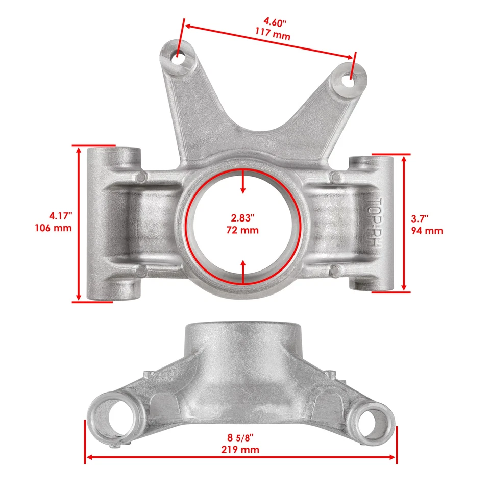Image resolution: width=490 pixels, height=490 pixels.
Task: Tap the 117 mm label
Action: [x=273, y=36]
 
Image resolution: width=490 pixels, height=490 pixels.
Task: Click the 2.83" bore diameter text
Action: [x=242, y=218]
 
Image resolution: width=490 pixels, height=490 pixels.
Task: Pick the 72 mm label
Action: [x=242, y=230]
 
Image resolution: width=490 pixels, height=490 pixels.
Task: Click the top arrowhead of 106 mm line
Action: [x=79, y=151]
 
